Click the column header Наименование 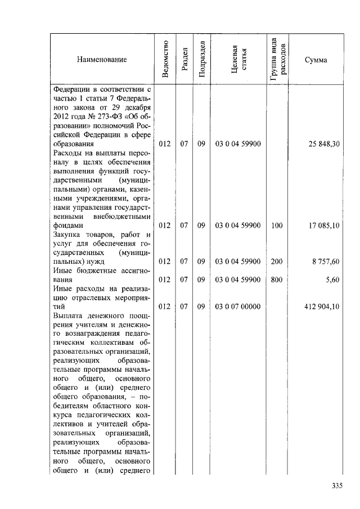point(102,60)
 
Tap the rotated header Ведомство point(165,60)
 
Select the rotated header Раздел point(184,60)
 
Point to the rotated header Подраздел point(201,60)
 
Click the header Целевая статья point(238,60)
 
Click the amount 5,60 point(333,279)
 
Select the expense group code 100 point(276,225)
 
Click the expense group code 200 point(276,261)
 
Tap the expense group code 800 point(276,279)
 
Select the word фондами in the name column point(67,225)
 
